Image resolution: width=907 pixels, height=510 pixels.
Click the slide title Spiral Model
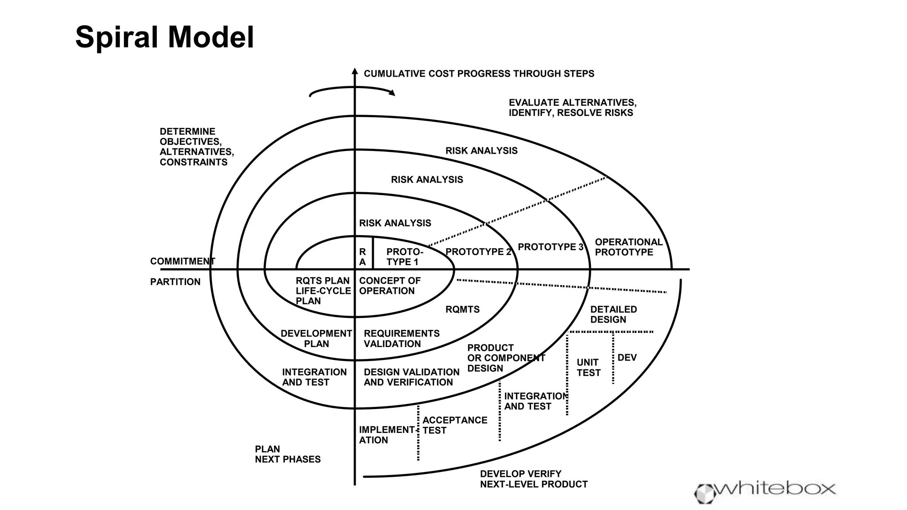[x=164, y=37]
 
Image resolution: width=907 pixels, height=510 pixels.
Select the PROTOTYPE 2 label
[x=478, y=252]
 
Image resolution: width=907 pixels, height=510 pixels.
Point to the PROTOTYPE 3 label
[x=550, y=247]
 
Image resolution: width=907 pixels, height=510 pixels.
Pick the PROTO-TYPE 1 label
[x=404, y=257]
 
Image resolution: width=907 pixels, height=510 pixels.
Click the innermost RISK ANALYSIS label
[x=395, y=223]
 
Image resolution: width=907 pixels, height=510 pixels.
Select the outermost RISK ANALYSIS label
[x=481, y=151]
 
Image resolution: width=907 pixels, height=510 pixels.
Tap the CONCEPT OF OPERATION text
[x=389, y=286]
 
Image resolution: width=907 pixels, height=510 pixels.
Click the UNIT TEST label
[x=588, y=368]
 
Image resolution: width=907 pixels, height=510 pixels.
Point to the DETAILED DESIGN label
[x=613, y=314]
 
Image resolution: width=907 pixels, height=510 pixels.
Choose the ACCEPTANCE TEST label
[x=454, y=425]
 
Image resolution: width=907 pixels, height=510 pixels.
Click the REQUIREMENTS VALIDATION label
[x=401, y=339]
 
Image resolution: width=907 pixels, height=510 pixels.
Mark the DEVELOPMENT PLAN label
[x=316, y=339]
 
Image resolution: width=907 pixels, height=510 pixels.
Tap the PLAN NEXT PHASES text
[x=287, y=454]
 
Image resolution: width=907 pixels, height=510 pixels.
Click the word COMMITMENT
[x=182, y=261]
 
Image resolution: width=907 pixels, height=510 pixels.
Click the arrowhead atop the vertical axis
[x=354, y=71]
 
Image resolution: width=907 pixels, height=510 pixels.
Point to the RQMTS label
[x=462, y=309]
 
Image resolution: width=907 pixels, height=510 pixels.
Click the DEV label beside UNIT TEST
[x=627, y=358]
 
